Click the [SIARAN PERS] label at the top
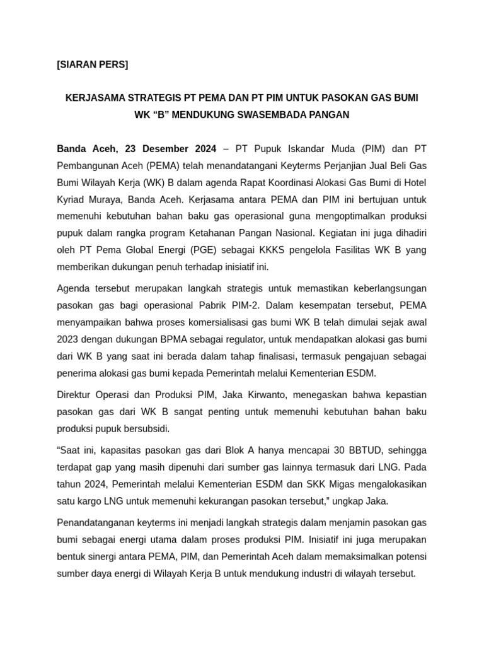pos(92,64)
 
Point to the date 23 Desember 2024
pos(170,149)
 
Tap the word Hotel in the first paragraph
pos(413,183)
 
